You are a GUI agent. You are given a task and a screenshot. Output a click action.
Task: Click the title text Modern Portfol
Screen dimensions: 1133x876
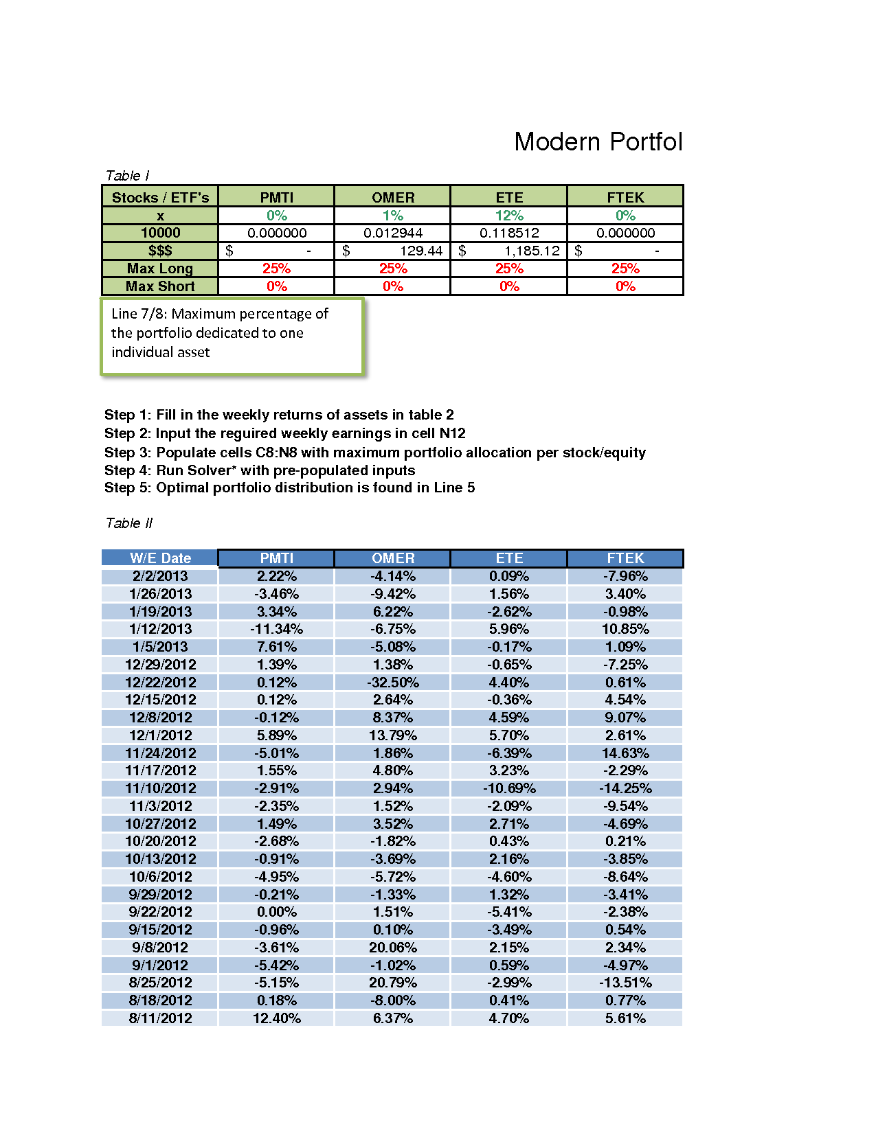pyautogui.click(x=598, y=142)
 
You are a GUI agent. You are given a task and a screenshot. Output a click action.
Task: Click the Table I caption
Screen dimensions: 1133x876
pyautogui.click(x=127, y=176)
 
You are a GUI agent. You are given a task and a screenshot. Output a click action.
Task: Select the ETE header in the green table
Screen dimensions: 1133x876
pyautogui.click(x=509, y=197)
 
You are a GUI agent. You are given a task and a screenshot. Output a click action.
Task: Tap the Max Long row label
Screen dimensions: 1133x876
pyautogui.click(x=160, y=268)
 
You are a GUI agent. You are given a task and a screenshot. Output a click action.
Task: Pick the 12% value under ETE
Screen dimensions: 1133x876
pyautogui.click(x=509, y=216)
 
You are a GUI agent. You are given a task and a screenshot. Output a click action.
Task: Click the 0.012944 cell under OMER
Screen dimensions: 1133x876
pyautogui.click(x=393, y=233)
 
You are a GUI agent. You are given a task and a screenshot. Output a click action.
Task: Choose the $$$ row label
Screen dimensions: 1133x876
pyautogui.click(x=160, y=251)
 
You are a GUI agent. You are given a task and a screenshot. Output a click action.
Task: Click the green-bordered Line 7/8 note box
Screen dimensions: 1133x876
pyautogui.click(x=232, y=336)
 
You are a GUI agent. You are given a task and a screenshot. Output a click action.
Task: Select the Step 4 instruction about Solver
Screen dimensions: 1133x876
pyautogui.click(x=260, y=470)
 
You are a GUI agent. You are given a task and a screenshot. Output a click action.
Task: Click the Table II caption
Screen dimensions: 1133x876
pyautogui.click(x=128, y=523)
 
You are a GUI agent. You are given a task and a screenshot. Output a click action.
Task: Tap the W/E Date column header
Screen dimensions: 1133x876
pyautogui.click(x=160, y=558)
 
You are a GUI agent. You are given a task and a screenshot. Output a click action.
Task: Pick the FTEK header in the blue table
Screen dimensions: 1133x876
pyautogui.click(x=625, y=558)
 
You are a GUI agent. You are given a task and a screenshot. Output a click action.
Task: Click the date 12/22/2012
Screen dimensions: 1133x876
pyautogui.click(x=160, y=683)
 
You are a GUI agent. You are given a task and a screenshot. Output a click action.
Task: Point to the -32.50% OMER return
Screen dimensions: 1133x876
pyautogui.click(x=393, y=683)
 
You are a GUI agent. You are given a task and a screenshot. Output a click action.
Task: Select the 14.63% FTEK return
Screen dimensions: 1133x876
pyautogui.click(x=625, y=753)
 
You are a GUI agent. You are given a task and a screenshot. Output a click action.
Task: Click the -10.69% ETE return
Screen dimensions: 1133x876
pyautogui.click(x=509, y=788)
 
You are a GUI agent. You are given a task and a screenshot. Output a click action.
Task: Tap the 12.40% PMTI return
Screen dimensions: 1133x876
pyautogui.click(x=277, y=1018)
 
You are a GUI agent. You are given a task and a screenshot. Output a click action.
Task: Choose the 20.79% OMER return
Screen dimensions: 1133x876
pyautogui.click(x=393, y=983)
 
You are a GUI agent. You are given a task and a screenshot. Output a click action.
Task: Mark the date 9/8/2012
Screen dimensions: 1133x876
pyautogui.click(x=160, y=948)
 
